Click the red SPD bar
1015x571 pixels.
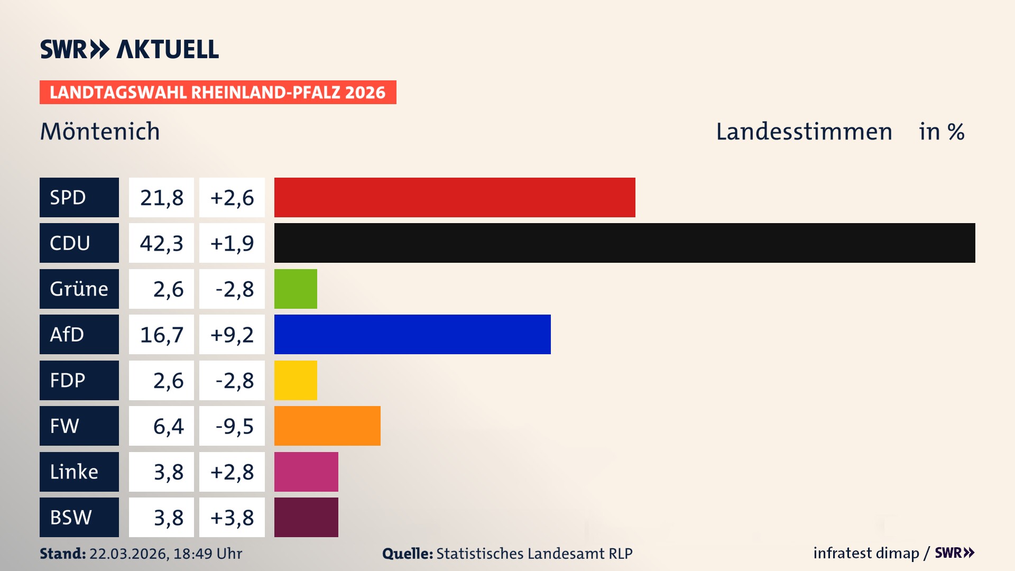coord(455,197)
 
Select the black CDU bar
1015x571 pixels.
coord(624,243)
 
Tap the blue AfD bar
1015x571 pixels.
coord(412,334)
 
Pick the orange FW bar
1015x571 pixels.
coord(327,426)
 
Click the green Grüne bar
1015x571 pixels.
coord(296,289)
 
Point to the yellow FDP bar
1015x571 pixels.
coord(296,380)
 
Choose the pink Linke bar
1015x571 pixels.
coord(306,472)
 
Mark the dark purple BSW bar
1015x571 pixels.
coord(306,517)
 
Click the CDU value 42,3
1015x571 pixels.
coord(161,243)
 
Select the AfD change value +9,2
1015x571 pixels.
coord(232,335)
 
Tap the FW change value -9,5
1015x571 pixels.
coord(234,426)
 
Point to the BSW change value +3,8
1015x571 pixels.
coord(232,518)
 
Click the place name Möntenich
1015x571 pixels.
coord(100,131)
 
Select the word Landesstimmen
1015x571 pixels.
coord(804,131)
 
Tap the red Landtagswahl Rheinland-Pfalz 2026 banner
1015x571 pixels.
coord(218,92)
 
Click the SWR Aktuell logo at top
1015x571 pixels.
coord(130,49)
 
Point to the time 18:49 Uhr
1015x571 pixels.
coord(207,554)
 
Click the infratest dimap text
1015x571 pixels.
coord(866,553)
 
